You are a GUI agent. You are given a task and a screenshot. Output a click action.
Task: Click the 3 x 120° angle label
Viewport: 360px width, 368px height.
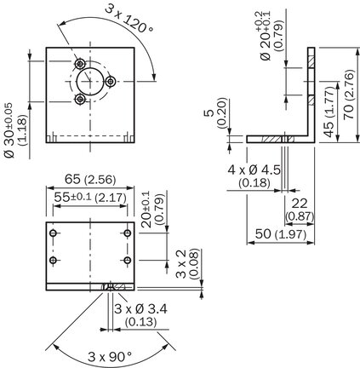click(x=129, y=19)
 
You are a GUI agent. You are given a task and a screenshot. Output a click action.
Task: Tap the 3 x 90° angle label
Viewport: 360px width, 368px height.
click(x=110, y=357)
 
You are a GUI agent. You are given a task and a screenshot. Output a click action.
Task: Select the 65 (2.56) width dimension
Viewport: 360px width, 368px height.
click(x=90, y=180)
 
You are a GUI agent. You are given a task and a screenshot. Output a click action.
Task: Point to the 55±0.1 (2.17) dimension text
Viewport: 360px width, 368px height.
click(x=90, y=198)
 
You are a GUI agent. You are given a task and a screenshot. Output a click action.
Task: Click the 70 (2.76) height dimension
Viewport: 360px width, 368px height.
click(x=349, y=95)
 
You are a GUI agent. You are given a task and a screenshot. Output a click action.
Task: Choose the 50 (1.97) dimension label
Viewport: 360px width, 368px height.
click(x=281, y=234)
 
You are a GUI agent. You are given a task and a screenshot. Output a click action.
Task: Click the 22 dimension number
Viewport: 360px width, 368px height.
click(x=300, y=204)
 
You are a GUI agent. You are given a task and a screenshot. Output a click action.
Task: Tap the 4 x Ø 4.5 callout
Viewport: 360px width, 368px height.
click(x=254, y=170)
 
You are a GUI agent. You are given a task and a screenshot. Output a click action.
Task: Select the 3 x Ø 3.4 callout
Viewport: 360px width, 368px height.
click(x=140, y=308)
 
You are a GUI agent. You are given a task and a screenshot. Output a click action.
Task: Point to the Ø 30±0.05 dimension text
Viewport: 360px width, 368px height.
click(x=9, y=130)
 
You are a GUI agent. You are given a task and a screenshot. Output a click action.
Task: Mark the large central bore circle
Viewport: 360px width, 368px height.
click(x=89, y=82)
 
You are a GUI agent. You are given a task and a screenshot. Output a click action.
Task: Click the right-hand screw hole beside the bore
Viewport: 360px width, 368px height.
click(x=111, y=82)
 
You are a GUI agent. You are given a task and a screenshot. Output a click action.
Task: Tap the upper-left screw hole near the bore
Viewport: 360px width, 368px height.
click(x=80, y=64)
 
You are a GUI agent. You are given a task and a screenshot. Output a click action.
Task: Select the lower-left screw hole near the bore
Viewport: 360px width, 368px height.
click(x=80, y=99)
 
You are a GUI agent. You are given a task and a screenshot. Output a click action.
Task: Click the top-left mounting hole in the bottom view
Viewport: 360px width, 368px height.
click(x=53, y=233)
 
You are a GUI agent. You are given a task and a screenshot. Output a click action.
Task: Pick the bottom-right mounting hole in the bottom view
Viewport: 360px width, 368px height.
click(x=128, y=260)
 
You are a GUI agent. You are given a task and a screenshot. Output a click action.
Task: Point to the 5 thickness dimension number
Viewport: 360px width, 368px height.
click(x=209, y=112)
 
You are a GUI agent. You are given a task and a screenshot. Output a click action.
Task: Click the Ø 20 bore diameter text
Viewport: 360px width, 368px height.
click(x=266, y=45)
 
